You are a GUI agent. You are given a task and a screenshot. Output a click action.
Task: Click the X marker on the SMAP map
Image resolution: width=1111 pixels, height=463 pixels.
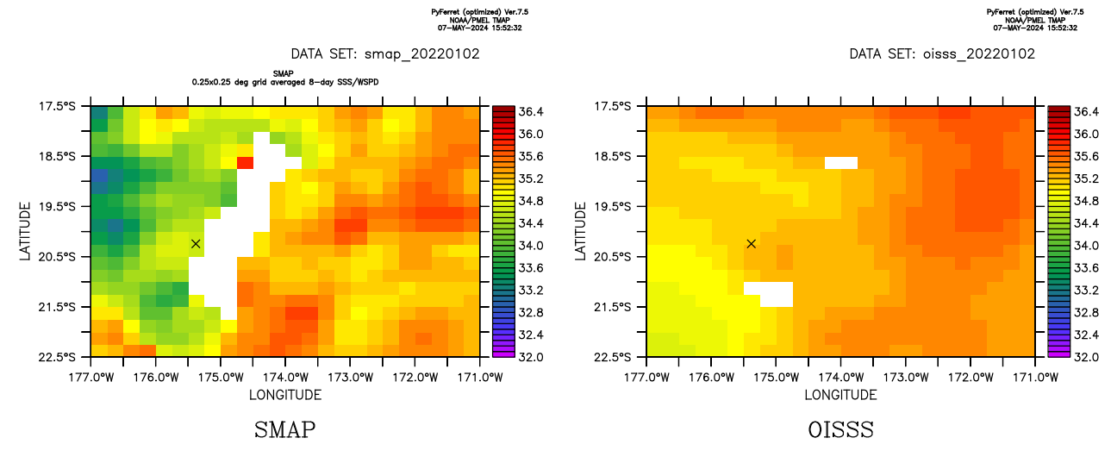(x=196, y=244)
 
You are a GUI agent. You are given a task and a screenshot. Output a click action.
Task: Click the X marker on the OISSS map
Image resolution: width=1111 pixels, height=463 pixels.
(x=752, y=244)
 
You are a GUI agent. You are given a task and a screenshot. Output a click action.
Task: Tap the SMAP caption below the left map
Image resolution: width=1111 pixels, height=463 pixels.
(x=284, y=429)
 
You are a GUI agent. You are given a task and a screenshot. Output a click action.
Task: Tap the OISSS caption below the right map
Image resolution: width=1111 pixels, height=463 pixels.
(x=840, y=429)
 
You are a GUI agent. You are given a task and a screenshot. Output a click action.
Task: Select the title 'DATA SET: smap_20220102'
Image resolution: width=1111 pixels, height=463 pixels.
(x=385, y=53)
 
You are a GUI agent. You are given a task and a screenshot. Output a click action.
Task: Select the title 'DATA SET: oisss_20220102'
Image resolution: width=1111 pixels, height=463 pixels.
(x=942, y=53)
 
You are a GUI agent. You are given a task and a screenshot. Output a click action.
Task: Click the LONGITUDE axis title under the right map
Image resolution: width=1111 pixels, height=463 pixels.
(x=840, y=395)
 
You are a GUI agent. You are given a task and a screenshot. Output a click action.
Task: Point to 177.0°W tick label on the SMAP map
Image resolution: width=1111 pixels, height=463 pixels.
(x=91, y=377)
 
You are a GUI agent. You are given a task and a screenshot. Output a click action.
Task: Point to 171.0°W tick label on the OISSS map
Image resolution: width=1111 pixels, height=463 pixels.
(x=1034, y=377)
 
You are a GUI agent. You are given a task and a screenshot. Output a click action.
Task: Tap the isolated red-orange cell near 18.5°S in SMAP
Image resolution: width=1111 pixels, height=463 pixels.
(x=245, y=162)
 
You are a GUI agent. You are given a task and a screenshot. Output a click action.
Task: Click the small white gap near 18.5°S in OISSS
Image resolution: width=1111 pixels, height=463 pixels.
(x=841, y=162)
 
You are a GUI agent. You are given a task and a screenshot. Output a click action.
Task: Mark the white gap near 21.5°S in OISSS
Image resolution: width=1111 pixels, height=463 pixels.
(x=769, y=294)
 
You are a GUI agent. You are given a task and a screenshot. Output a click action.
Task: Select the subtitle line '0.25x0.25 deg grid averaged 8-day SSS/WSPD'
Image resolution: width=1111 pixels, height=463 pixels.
(x=285, y=81)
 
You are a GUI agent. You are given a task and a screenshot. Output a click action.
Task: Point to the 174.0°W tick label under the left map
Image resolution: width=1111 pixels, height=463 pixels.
(x=285, y=377)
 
